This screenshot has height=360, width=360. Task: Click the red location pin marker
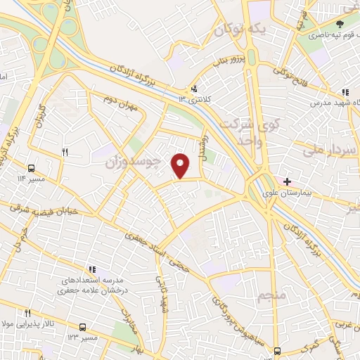coord(181,165)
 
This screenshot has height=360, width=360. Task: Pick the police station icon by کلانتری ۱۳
coord(193,89)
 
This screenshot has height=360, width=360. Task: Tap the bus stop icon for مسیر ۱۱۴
coord(31,168)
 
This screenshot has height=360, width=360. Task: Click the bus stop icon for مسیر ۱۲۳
coord(82,327)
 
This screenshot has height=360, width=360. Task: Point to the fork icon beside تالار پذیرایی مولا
coord(28,313)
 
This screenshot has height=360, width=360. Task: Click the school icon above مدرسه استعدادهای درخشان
coord(91,269)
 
